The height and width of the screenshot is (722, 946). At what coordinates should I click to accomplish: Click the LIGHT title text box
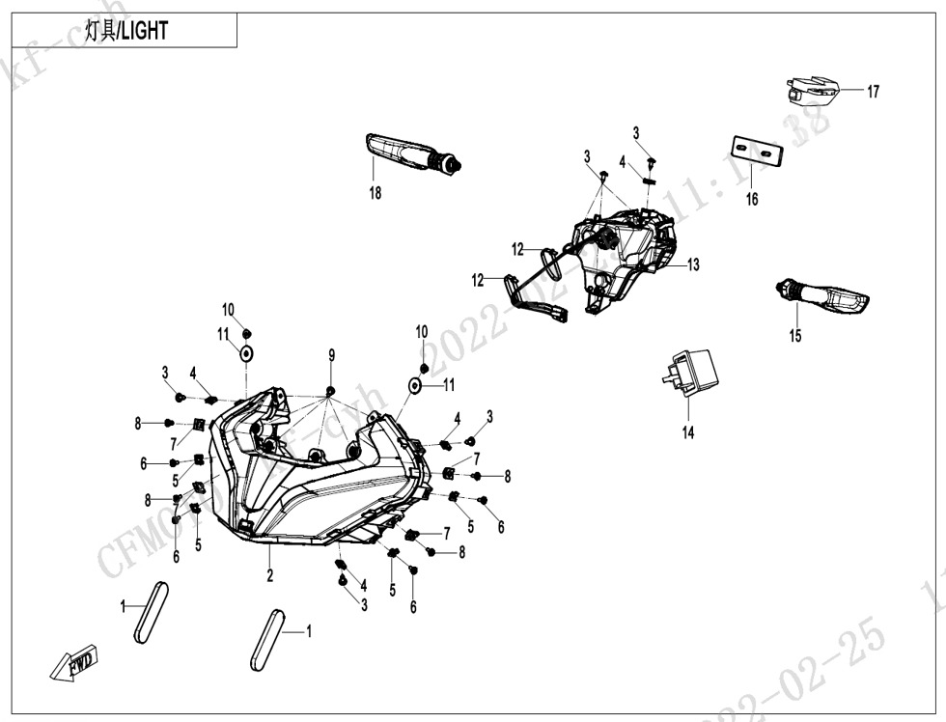[x=125, y=31]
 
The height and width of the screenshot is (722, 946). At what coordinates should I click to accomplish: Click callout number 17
[x=873, y=93]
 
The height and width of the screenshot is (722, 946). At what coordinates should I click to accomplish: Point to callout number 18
[x=375, y=193]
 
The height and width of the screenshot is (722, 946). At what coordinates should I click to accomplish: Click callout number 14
[x=688, y=433]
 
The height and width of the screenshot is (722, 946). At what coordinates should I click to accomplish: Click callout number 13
[x=693, y=264]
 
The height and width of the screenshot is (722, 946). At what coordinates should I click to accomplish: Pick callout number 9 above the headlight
[x=331, y=356]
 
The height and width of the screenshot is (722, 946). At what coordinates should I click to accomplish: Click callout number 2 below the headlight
[x=270, y=576]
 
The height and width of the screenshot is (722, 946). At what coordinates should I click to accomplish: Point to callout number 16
[x=752, y=200]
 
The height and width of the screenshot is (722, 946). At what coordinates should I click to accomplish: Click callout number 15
[x=795, y=337]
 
